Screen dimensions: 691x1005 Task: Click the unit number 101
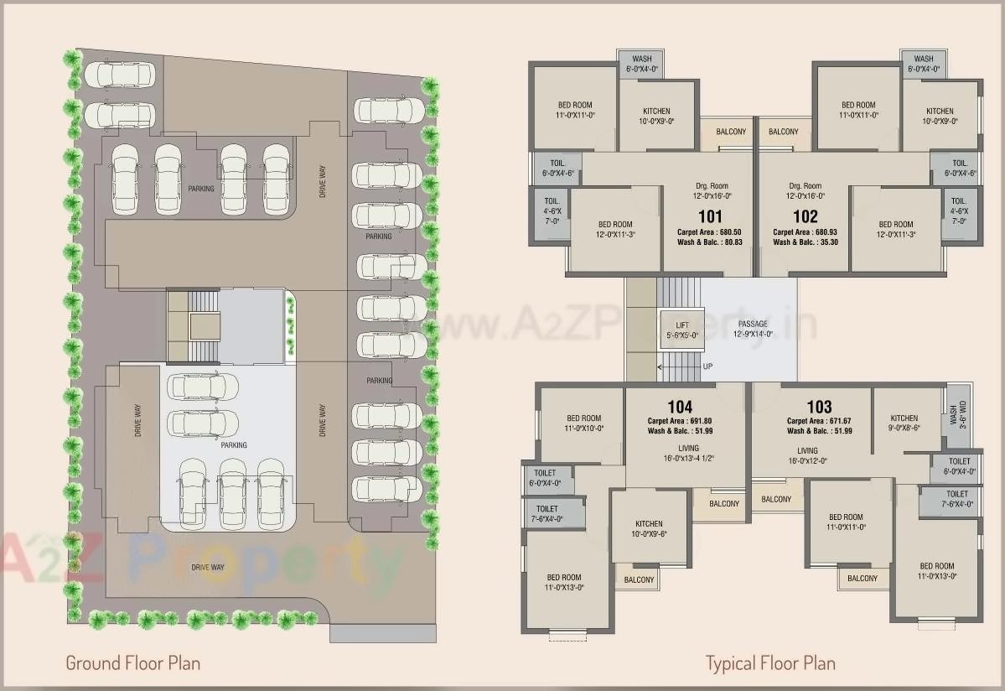709,216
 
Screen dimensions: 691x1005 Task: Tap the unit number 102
805,216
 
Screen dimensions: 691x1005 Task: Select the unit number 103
819,408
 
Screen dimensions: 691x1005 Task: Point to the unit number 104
680,408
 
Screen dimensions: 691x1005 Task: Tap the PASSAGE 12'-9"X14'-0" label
752,329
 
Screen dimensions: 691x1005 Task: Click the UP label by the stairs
708,366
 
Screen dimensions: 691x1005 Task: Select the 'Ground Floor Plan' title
133,663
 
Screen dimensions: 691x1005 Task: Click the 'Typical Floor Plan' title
770,663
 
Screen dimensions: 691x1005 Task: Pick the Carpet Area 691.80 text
680,421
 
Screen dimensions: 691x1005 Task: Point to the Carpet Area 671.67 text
819,421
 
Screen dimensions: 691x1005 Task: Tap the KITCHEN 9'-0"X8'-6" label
904,423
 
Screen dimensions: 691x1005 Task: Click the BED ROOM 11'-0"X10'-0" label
583,423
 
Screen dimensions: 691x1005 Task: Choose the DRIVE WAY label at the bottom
207,568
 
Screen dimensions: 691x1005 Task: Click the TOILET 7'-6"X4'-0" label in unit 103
958,499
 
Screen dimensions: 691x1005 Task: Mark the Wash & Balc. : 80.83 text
709,242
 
